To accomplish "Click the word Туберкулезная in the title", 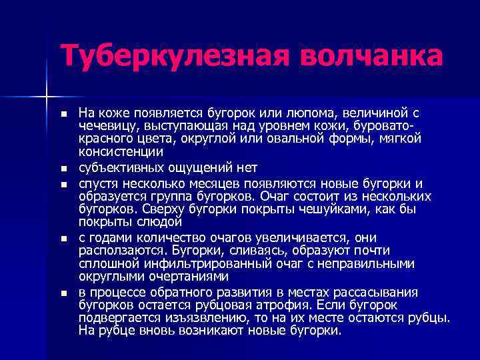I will click(165, 55).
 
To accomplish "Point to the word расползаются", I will click(118, 251).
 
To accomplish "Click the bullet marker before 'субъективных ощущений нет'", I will click(63, 168).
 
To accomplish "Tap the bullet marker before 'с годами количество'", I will click(63, 238).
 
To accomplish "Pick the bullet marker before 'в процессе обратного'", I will click(63, 293).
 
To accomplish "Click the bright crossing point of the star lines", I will click(46, 97).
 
